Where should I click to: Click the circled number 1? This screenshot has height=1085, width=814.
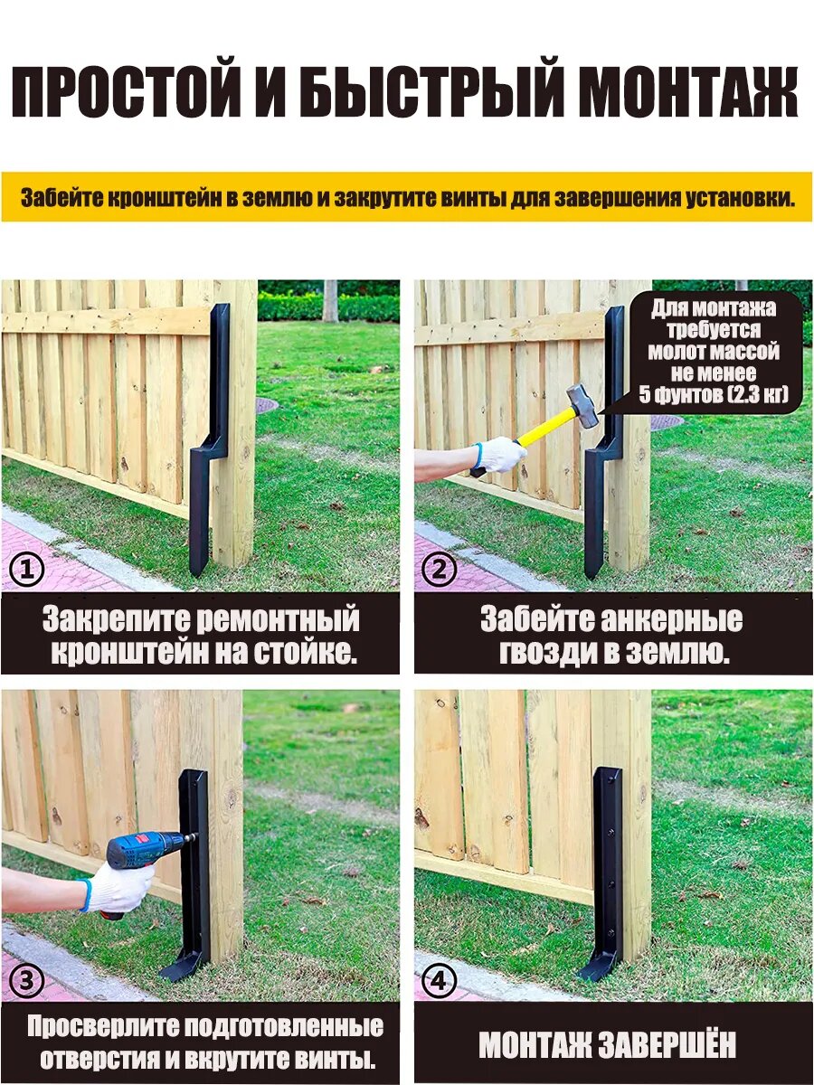[27, 570]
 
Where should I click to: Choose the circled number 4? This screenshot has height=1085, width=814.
[439, 980]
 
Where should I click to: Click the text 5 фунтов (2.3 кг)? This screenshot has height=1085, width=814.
[714, 394]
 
